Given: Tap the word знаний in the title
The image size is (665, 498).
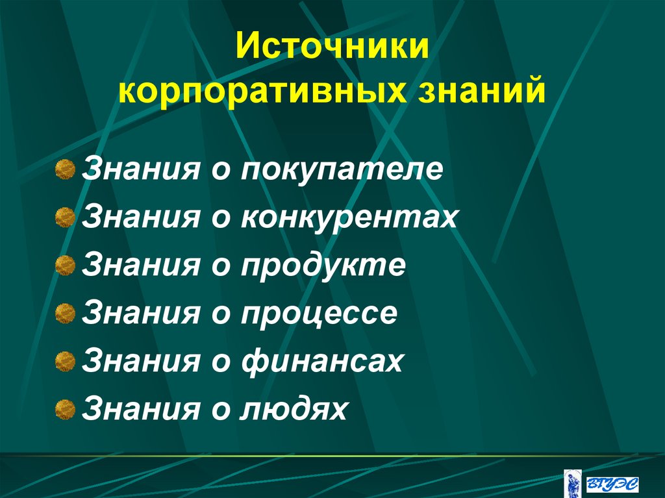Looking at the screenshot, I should pos(482,90).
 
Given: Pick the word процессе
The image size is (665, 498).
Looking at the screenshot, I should pos(319,314).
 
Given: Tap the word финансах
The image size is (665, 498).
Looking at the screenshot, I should pos(323,361).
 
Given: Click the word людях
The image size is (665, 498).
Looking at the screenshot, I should pos(294,409).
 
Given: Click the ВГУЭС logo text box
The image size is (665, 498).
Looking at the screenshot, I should pos(612,483).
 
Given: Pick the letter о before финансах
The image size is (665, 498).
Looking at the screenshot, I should pos(220,362).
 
